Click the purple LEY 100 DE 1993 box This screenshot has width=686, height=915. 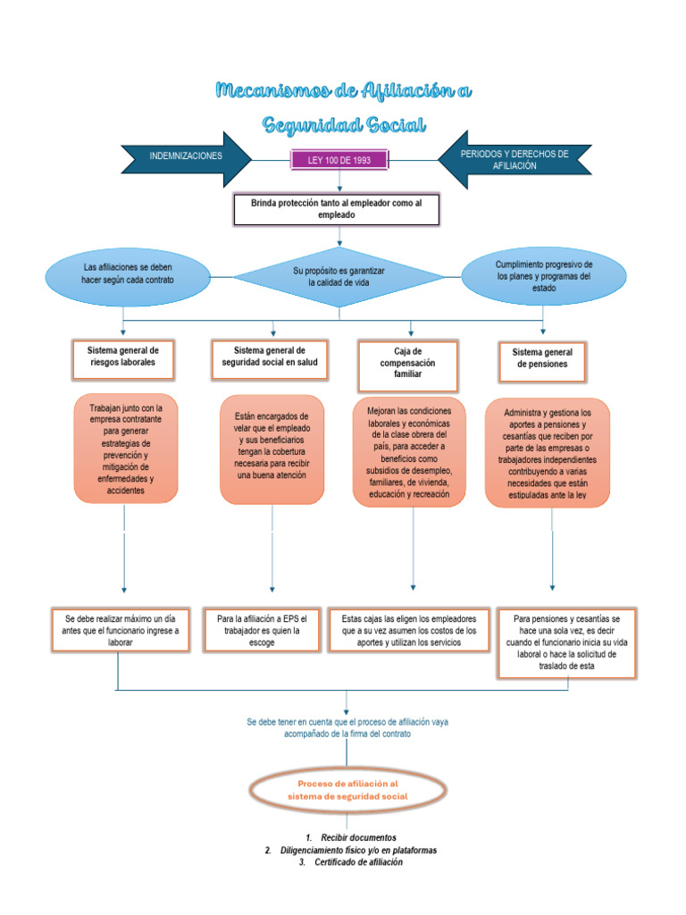(x=339, y=160)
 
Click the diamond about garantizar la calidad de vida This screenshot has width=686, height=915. (x=339, y=276)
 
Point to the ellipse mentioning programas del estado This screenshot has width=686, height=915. (x=543, y=277)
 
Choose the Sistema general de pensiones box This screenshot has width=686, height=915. (x=542, y=358)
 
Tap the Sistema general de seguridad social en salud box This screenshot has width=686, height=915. (x=270, y=357)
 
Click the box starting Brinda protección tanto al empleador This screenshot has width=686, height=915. (x=339, y=210)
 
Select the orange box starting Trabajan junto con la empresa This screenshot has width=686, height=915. (x=125, y=449)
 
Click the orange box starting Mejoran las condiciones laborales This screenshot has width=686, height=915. (x=409, y=451)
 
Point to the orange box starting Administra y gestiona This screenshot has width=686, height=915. (x=548, y=455)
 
